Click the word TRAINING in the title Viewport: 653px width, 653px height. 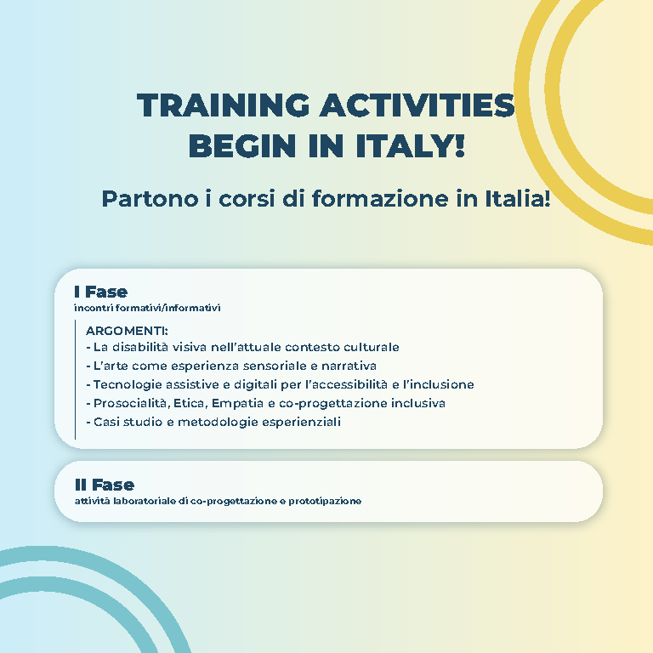pyautogui.click(x=224, y=105)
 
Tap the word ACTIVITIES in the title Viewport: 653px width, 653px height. pyautogui.click(x=417, y=105)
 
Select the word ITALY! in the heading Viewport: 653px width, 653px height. pyautogui.click(x=410, y=145)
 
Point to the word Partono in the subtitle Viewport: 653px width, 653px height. pyautogui.click(x=150, y=198)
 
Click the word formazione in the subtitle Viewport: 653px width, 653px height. pyautogui.click(x=381, y=198)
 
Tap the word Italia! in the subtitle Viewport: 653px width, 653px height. pyautogui.click(x=518, y=198)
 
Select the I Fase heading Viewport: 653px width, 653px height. pyautogui.click(x=101, y=292)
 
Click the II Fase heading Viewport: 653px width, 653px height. pyautogui.click(x=105, y=485)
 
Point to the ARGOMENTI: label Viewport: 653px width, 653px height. pyautogui.click(x=127, y=331)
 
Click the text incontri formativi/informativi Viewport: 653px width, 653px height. pyautogui.click(x=147, y=308)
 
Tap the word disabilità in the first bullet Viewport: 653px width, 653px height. pyautogui.click(x=140, y=347)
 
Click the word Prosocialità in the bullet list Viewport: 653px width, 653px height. pyautogui.click(x=132, y=403)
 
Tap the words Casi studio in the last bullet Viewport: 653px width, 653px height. pyautogui.click(x=128, y=422)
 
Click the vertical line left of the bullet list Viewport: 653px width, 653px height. pyautogui.click(x=75, y=379)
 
